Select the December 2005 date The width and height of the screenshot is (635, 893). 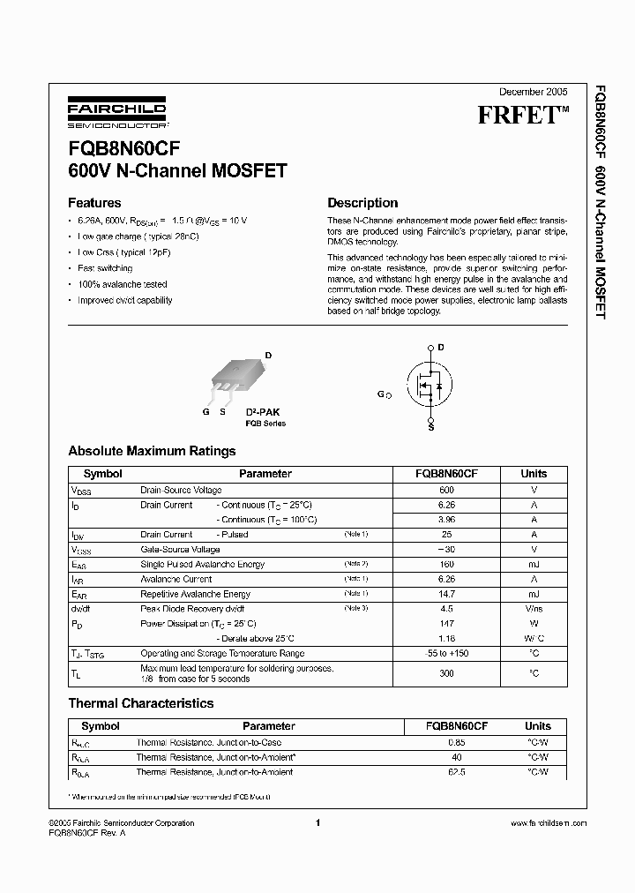534,92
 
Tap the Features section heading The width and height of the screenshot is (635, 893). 94,202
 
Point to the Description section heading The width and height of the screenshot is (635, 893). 362,203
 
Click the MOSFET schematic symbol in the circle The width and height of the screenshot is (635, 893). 430,384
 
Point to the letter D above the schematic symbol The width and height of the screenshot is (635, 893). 440,348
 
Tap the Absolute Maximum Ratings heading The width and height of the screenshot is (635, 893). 152,451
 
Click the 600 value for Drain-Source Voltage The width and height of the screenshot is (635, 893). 446,490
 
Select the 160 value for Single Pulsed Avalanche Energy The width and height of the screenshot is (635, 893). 446,564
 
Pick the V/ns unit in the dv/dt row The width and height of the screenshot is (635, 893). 534,609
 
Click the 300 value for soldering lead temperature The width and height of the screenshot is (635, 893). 446,673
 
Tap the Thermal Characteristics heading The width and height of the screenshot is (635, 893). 141,703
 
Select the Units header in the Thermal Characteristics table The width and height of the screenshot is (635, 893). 537,726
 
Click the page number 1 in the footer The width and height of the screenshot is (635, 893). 317,823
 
